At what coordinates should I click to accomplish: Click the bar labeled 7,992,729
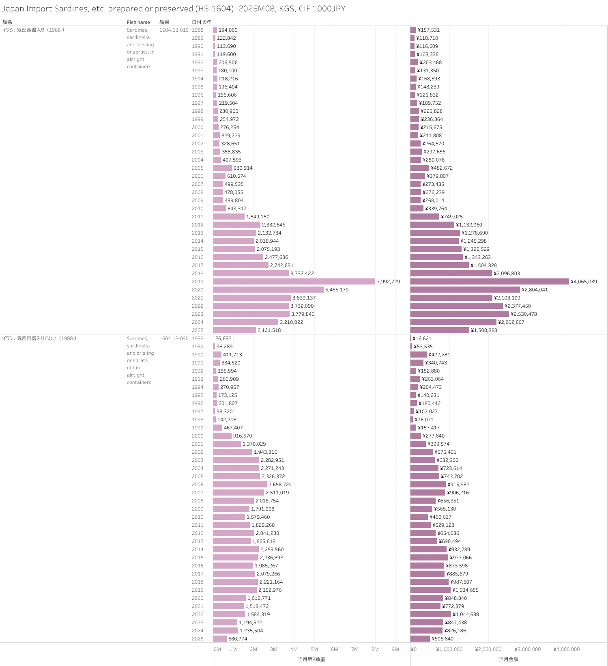294,282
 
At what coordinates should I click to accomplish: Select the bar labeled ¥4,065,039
490,282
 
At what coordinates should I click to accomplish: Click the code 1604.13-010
174,30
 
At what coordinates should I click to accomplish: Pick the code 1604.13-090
174,338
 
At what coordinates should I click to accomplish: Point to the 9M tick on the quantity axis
395,649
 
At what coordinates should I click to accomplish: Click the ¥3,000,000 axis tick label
527,649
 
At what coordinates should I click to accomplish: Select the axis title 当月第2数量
311,660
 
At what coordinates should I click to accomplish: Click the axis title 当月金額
508,660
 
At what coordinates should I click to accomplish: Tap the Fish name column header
138,22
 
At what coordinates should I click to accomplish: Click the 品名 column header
7,22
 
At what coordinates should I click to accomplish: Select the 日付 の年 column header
201,22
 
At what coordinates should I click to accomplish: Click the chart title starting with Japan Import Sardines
174,9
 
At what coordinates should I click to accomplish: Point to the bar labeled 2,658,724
240,485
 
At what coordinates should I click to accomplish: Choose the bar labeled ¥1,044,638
430,614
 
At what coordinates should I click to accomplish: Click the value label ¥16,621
422,338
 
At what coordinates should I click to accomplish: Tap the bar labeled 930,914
222,168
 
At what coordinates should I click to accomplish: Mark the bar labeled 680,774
220,639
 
